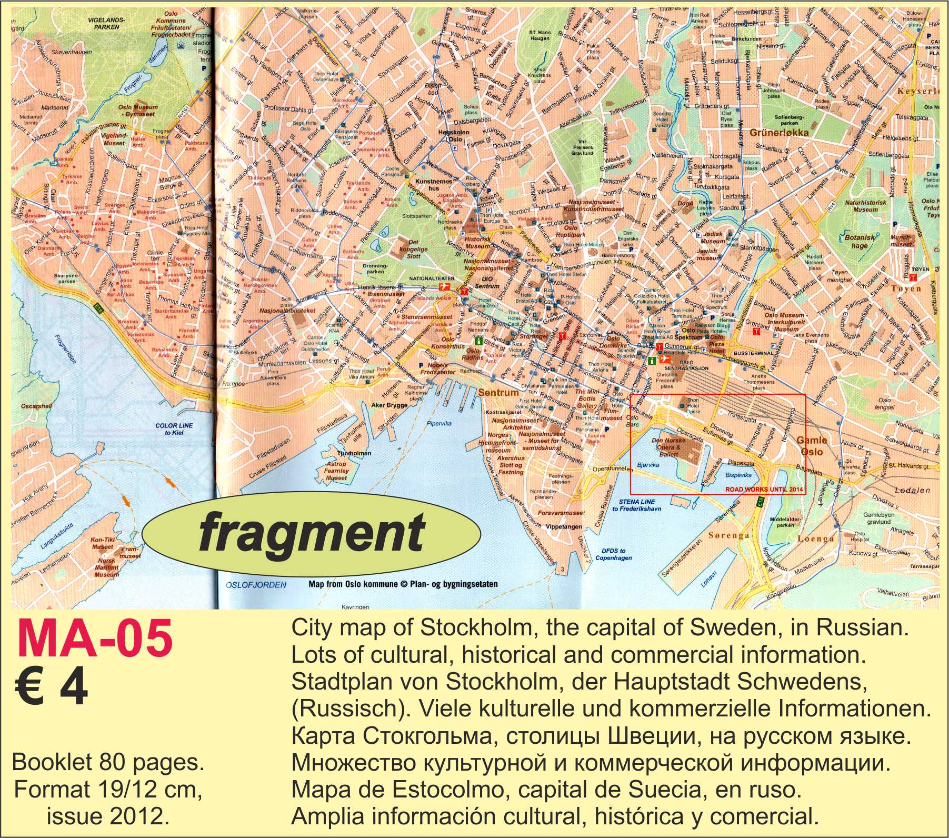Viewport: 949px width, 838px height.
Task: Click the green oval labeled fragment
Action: (x=312, y=534)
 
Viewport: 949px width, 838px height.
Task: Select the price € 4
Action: (x=52, y=691)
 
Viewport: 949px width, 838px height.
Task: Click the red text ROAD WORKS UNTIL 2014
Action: (x=765, y=490)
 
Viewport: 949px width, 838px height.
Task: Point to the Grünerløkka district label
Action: (x=779, y=133)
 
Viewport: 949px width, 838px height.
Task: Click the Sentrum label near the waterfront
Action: (x=498, y=392)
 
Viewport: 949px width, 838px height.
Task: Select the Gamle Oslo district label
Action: (x=812, y=446)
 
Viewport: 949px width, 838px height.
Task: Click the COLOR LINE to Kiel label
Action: (x=174, y=428)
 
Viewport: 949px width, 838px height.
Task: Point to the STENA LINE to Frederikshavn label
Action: (x=636, y=505)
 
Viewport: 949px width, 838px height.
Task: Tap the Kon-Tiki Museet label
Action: (x=102, y=543)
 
